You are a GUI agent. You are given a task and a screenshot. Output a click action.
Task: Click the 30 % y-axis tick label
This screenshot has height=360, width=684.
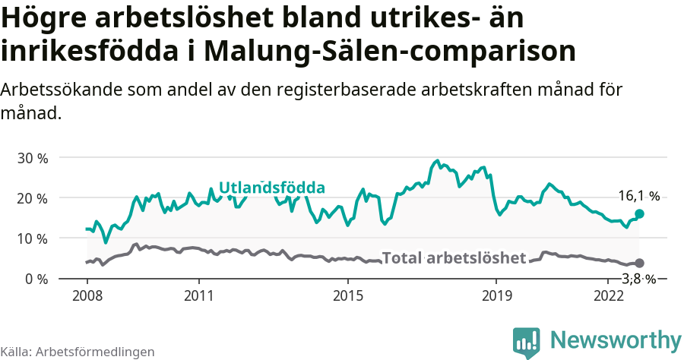(x=32, y=158)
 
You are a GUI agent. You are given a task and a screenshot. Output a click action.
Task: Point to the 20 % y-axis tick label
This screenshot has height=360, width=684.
(x=32, y=198)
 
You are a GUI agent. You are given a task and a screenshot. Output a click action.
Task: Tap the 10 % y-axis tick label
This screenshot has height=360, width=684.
(x=32, y=238)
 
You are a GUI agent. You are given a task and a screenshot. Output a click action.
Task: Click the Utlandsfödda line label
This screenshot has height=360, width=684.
(x=272, y=188)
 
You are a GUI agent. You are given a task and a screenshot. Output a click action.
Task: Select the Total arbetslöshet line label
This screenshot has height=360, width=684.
(x=454, y=258)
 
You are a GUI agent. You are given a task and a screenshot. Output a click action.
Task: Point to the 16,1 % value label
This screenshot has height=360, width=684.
(x=638, y=196)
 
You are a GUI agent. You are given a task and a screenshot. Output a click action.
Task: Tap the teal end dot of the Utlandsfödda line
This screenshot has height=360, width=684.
(x=639, y=214)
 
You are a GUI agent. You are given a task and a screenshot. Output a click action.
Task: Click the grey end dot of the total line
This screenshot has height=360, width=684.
(x=640, y=263)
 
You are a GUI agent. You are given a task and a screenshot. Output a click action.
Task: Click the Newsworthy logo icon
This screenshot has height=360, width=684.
(x=527, y=342)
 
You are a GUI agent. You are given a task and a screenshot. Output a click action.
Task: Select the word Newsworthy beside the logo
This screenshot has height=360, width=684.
(x=616, y=339)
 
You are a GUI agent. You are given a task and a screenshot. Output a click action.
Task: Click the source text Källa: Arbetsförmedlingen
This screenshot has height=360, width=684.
(x=78, y=352)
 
